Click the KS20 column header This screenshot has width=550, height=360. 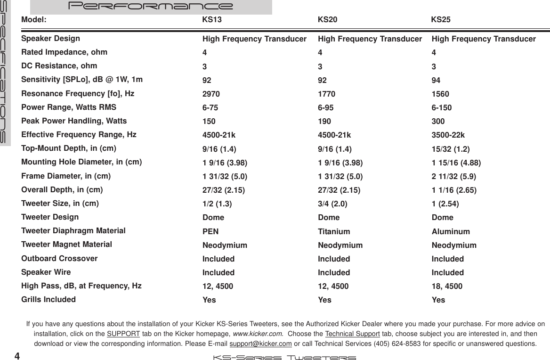(327, 20)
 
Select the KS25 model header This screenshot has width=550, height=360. (441, 20)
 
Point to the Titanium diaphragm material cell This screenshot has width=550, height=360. (334, 232)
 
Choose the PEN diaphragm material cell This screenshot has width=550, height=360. (210, 232)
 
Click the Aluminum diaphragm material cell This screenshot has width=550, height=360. (451, 232)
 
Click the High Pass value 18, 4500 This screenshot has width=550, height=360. (447, 286)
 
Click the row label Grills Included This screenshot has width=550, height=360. (49, 299)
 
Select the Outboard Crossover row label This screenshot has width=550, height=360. (60, 258)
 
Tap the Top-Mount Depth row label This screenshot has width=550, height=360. (69, 148)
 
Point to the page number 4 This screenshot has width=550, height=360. (17, 355)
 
